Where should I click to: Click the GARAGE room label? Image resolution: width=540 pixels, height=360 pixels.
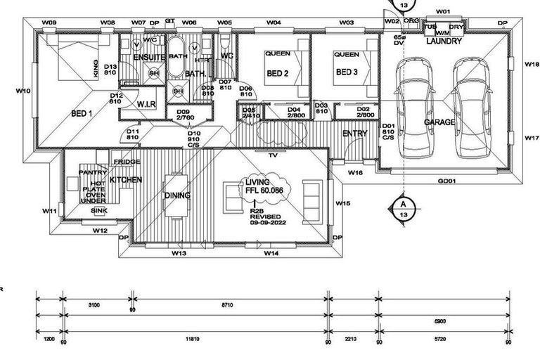[x=439, y=122]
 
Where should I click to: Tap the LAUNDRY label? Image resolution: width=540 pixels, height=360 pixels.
[x=444, y=41]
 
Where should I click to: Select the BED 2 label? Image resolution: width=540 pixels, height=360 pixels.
[x=278, y=73]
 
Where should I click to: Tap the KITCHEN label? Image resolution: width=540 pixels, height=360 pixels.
[x=126, y=180]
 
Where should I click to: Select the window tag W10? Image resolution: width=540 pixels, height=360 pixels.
[x=22, y=91]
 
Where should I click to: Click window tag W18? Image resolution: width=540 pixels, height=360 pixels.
[x=532, y=64]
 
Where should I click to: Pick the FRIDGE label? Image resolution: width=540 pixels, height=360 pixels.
[x=126, y=162]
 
